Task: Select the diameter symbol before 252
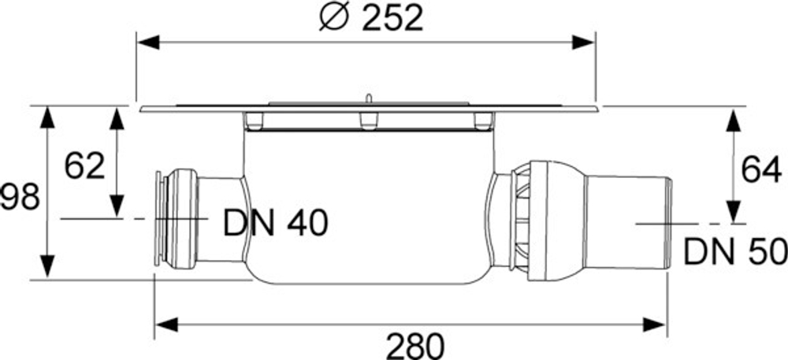[x=334, y=17]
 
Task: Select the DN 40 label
[x=275, y=225]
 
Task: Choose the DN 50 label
[x=735, y=252]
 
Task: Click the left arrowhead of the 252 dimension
[x=149, y=41]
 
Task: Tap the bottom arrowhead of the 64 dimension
[x=734, y=212]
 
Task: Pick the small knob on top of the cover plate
[x=367, y=99]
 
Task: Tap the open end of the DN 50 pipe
[x=667, y=225]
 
